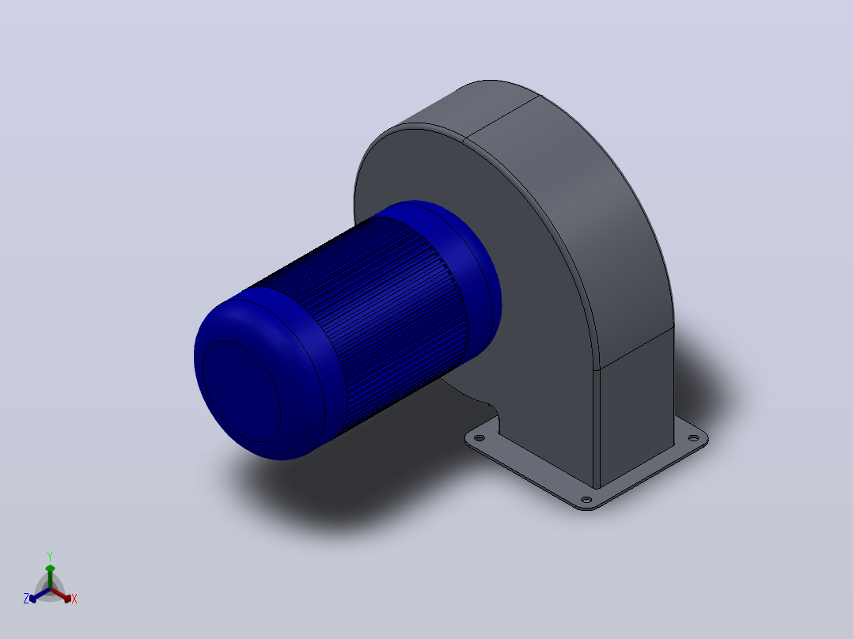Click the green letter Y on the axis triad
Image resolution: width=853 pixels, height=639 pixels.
50,556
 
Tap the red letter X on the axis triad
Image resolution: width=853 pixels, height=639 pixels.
74,599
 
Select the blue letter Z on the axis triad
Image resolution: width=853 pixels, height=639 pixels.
26,599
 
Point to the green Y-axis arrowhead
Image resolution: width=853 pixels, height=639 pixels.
50,569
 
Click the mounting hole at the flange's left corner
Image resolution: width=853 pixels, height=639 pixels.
480,438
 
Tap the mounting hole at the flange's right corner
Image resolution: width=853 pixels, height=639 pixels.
694,438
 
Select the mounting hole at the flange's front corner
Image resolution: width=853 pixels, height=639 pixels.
586,499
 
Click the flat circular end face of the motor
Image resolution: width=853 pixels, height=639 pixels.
241,391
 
